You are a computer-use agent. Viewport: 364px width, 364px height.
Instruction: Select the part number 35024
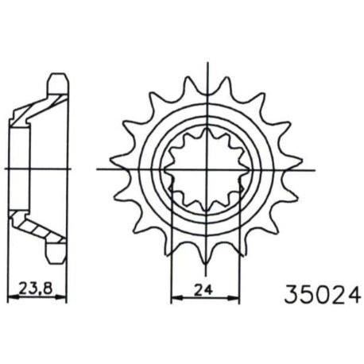click(323, 295)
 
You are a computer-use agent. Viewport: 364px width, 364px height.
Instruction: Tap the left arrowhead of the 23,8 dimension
click(14, 297)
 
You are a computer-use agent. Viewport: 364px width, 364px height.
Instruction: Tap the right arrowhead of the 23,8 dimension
click(60, 297)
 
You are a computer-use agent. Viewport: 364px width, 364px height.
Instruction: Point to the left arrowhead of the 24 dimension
click(177, 298)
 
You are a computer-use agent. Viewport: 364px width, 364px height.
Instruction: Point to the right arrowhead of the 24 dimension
click(234, 298)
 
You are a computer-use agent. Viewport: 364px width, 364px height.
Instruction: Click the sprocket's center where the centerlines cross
click(207, 169)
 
